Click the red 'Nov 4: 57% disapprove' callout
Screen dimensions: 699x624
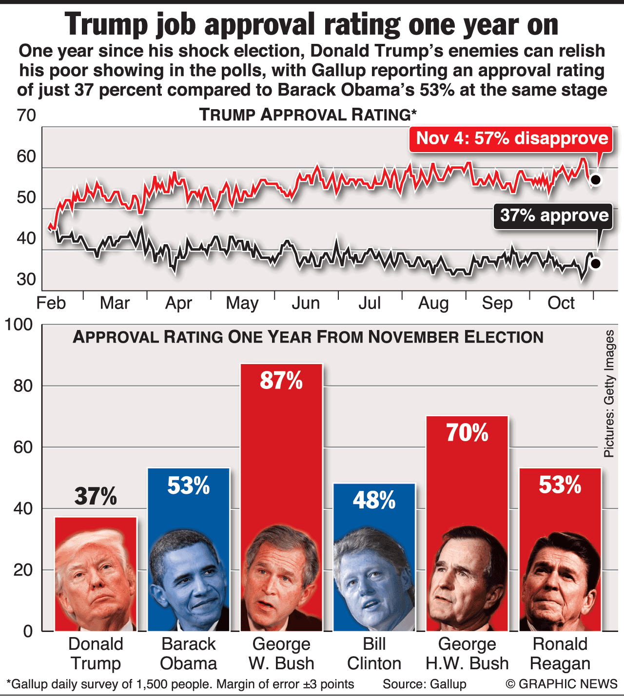pos(511,138)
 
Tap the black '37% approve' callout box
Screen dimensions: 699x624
pos(554,215)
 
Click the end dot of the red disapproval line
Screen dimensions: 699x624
pos(595,180)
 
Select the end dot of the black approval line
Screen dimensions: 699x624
pos(595,263)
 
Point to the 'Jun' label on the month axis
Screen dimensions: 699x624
pos(306,303)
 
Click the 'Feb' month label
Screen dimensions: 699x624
pos(51,303)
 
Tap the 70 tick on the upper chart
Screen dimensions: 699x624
pos(26,116)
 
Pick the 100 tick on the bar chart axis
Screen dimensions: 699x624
pos(19,325)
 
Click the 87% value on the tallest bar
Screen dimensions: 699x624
pos(281,381)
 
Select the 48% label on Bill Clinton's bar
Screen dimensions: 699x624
pos(374,500)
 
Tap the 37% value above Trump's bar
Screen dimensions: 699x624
pos(96,496)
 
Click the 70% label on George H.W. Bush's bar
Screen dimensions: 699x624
pos(467,433)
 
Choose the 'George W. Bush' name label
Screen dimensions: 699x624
pos(281,654)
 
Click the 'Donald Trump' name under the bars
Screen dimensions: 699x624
pos(96,654)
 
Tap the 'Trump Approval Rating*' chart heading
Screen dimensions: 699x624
pos(308,115)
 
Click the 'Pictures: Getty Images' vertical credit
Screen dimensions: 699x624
pos(609,394)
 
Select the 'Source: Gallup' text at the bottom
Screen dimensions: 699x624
pos(424,684)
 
